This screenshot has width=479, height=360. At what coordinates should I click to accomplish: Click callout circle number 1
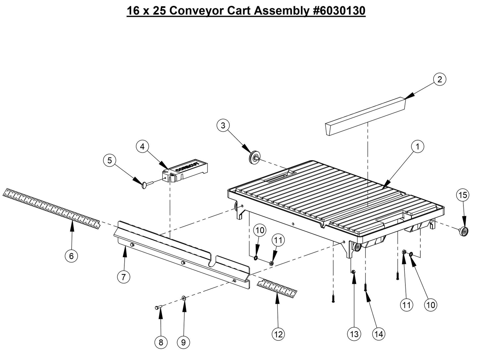click(418, 146)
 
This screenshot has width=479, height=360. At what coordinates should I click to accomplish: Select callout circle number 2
click(440, 79)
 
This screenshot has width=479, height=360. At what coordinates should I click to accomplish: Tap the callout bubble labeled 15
click(463, 195)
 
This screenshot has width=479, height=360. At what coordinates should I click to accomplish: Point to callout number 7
click(124, 277)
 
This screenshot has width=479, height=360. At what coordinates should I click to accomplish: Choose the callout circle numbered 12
click(278, 334)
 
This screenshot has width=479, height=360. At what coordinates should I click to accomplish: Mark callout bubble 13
click(354, 334)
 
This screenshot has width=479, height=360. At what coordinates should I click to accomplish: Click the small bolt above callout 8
click(158, 308)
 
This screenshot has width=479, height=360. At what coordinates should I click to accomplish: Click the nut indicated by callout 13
click(353, 272)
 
